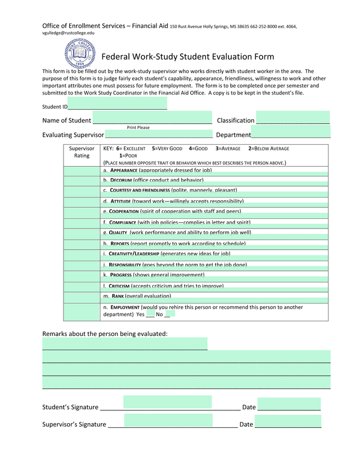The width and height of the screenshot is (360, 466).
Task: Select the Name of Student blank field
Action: tap(152, 119)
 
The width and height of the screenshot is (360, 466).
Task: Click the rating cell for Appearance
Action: tap(82, 170)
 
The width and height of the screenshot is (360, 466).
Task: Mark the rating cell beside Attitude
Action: tap(82, 201)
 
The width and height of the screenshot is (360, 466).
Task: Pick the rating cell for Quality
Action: tap(82, 232)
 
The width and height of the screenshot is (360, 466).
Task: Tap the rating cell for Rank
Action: tap(82, 295)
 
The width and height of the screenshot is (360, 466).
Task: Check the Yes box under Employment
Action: tap(150, 315)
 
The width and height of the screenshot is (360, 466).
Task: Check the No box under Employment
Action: tap(169, 315)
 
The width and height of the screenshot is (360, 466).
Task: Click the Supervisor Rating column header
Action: tap(82, 152)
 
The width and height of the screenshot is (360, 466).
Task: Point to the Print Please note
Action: tap(138, 128)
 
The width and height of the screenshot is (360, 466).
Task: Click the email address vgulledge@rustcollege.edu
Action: tap(69, 33)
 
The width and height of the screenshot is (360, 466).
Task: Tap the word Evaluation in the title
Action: tap(210, 57)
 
